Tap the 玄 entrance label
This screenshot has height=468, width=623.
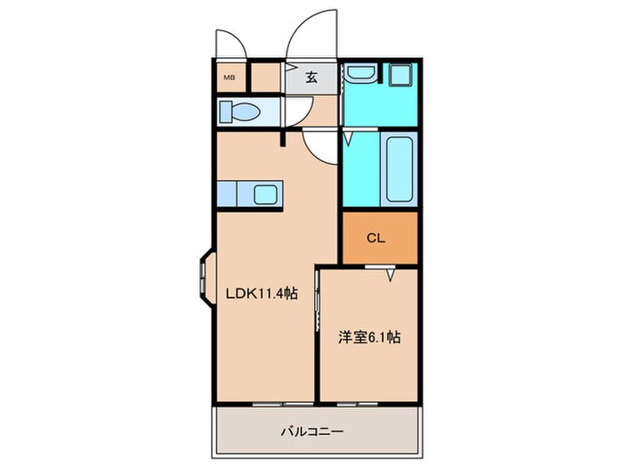tap(312, 77)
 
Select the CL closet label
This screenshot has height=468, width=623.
tap(376, 238)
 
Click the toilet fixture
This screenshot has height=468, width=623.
tap(239, 112)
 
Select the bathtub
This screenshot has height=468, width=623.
tap(397, 169)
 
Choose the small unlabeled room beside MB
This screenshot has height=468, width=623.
tap(266, 77)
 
